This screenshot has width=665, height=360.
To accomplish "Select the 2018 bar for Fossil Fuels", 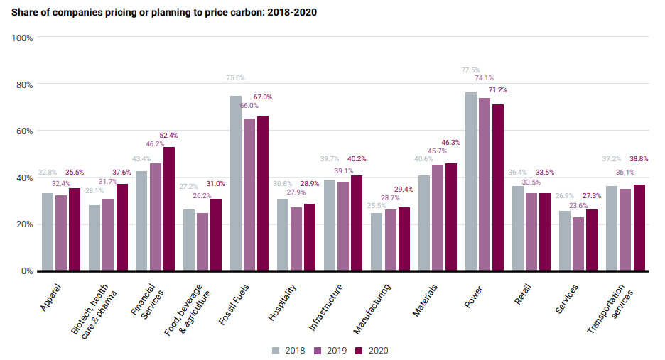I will pos(236,183).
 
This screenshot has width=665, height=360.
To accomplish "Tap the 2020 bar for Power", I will pos(498,187).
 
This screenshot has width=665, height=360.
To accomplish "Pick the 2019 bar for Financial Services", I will pos(156,217).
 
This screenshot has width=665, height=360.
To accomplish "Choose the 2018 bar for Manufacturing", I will pos(377,241).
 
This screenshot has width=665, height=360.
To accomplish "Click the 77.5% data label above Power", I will pos(470,70).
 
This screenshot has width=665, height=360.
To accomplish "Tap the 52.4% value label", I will pos(169,135).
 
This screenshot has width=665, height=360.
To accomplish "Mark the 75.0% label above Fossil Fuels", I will pos(235,78).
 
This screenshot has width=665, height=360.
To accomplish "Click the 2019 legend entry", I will pos(330,350).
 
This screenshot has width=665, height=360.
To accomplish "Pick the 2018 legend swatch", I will pos(276,350).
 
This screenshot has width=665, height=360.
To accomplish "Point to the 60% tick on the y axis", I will pos(23,131).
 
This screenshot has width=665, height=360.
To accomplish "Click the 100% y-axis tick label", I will pos(22,38).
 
